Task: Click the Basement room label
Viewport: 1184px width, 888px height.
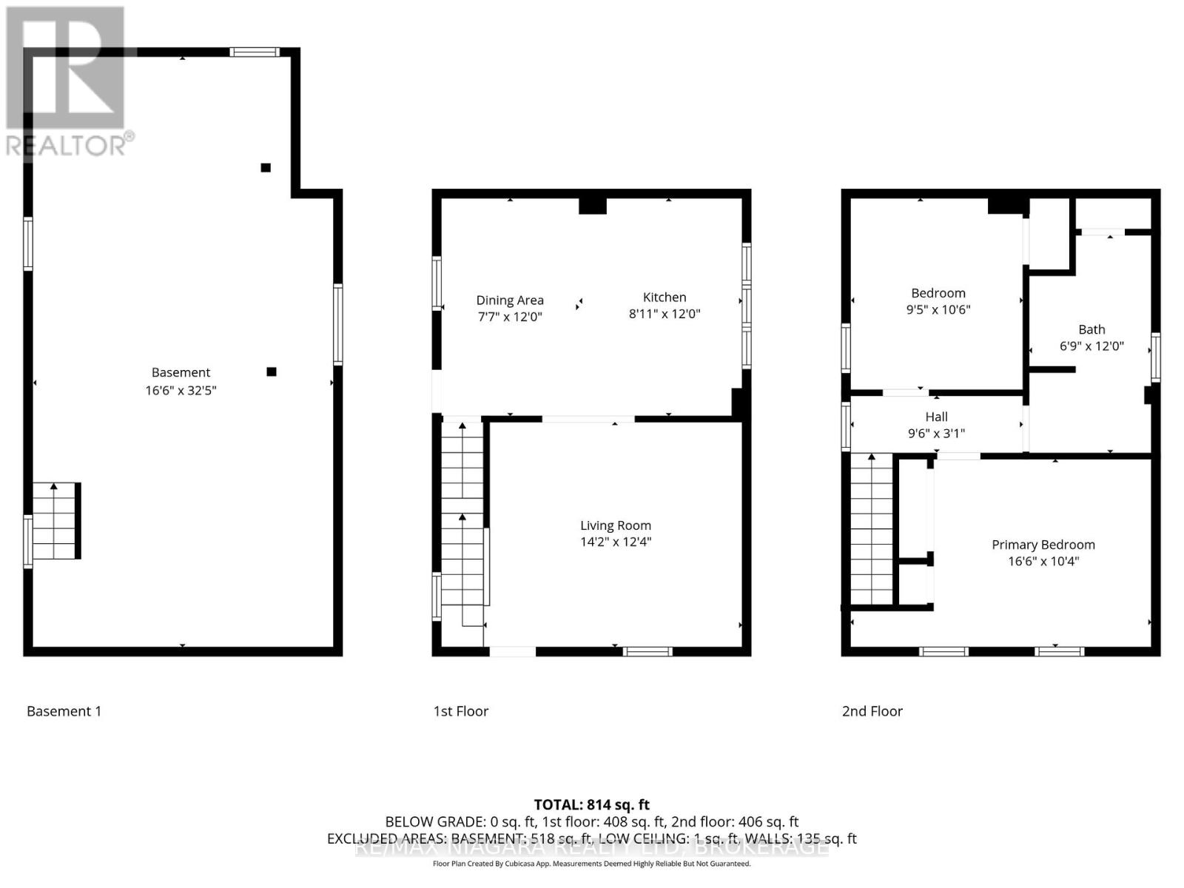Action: (x=181, y=372)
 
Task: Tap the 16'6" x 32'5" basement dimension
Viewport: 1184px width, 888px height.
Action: (x=181, y=390)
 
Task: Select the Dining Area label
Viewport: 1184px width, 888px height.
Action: (x=509, y=300)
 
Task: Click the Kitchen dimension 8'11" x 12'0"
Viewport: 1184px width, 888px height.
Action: (x=664, y=314)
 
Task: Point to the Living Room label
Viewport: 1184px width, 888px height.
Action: (x=615, y=525)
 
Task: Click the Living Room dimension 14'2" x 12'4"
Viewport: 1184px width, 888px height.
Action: (x=615, y=542)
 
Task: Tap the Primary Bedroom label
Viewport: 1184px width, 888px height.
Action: (x=1043, y=545)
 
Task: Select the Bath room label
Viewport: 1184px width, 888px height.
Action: (x=1091, y=329)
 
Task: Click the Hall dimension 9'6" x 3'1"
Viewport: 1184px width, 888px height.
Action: (x=936, y=434)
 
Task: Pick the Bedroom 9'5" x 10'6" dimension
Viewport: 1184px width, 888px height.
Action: (x=938, y=309)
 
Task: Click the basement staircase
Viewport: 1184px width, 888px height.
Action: (x=55, y=521)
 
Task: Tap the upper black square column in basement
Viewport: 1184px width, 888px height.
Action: (x=266, y=168)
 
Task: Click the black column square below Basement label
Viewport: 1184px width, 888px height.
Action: (x=272, y=371)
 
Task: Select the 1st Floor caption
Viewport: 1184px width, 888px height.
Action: (x=460, y=711)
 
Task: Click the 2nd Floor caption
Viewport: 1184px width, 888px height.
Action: (x=872, y=711)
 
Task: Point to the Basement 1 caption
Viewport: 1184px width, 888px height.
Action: (x=64, y=711)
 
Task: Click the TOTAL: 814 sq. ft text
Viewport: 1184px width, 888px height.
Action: (x=591, y=804)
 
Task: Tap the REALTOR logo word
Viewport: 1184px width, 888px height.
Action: (x=67, y=145)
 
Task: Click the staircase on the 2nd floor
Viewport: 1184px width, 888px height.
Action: (x=872, y=530)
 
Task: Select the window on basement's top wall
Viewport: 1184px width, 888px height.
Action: (x=254, y=52)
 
